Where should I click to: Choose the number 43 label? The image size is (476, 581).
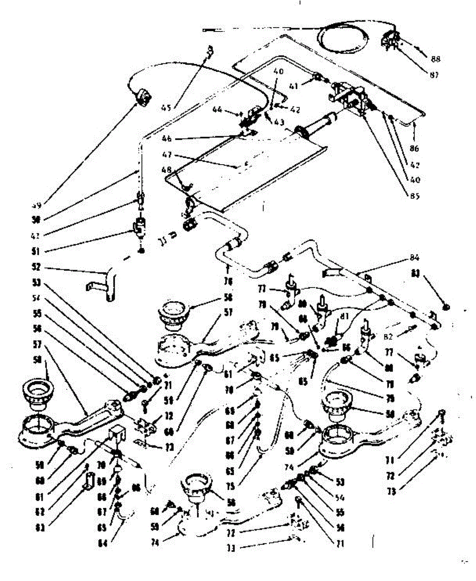pos(278,123)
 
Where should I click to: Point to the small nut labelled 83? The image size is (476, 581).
pos(446,306)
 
